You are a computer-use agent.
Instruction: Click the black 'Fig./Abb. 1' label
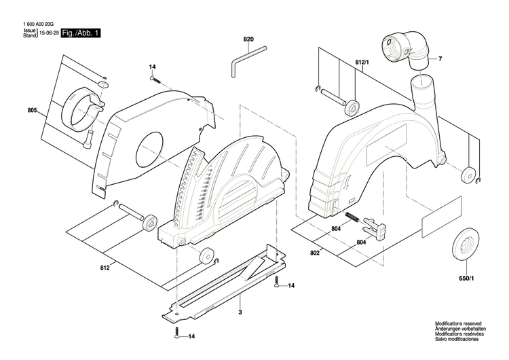tap(80, 33)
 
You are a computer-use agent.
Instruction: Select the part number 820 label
tap(248, 39)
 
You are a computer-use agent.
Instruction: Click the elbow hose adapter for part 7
tap(407, 48)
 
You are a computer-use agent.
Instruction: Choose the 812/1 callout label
tap(363, 62)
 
